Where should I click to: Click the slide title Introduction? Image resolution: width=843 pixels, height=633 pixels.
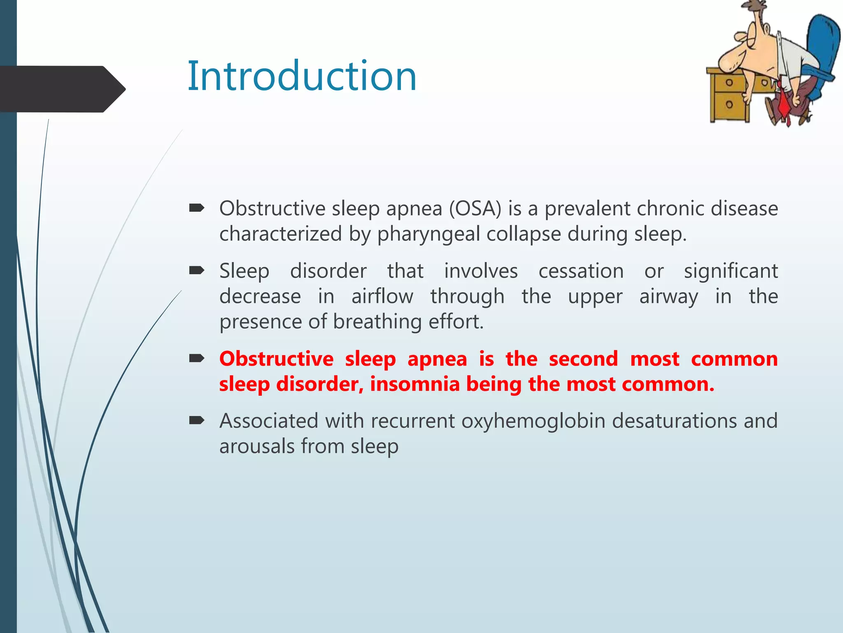coord(302,76)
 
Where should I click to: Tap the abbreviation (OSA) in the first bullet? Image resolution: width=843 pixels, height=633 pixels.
coord(475,209)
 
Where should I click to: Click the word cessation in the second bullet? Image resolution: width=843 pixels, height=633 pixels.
coord(581,271)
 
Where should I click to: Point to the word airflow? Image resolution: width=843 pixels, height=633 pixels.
coord(382,296)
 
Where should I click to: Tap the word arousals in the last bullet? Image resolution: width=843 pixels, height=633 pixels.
coord(256,446)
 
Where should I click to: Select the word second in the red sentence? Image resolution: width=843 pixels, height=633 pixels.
coord(583,359)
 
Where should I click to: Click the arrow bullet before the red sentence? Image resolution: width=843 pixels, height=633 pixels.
coord(197,358)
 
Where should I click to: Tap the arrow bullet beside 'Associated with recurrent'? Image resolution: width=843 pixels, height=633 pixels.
coord(197,420)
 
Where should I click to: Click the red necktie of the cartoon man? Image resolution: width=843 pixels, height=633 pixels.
coord(784,105)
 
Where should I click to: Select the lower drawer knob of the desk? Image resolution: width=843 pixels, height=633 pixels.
coord(729,104)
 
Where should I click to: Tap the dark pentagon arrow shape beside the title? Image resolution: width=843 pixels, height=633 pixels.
coord(62,89)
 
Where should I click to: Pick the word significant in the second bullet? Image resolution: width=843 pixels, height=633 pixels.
coord(731,271)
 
